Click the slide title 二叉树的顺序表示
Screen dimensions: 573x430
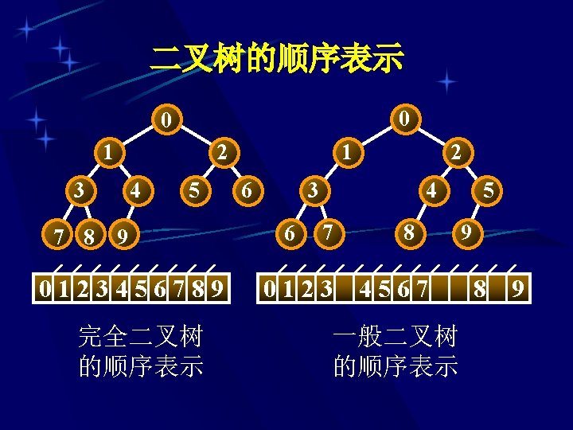tap(278, 58)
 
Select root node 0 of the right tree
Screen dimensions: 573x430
tap(405, 119)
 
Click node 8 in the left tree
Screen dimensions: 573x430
tap(90, 236)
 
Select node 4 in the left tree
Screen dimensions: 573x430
tap(137, 191)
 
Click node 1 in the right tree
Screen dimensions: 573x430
tap(347, 151)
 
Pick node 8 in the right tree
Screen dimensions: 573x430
tap(407, 234)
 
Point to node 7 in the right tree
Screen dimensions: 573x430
tap(326, 233)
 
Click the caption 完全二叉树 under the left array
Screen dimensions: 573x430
tap(141, 337)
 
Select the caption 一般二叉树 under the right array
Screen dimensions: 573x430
tap(396, 337)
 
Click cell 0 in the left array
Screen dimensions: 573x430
tap(46, 287)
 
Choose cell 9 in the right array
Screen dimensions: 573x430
tap(517, 287)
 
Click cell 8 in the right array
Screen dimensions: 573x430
tap(479, 287)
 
